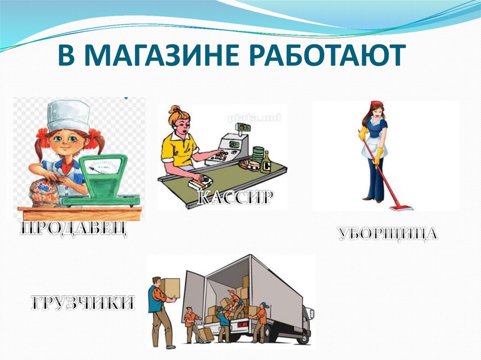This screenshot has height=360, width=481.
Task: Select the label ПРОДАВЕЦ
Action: [73, 230]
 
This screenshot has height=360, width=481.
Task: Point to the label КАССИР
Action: [234, 197]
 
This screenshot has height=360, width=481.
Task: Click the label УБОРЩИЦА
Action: [388, 233]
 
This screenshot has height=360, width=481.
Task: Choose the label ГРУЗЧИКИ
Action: [83, 303]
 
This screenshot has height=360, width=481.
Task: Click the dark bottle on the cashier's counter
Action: [265, 162]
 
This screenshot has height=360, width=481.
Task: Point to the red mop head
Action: [402, 207]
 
